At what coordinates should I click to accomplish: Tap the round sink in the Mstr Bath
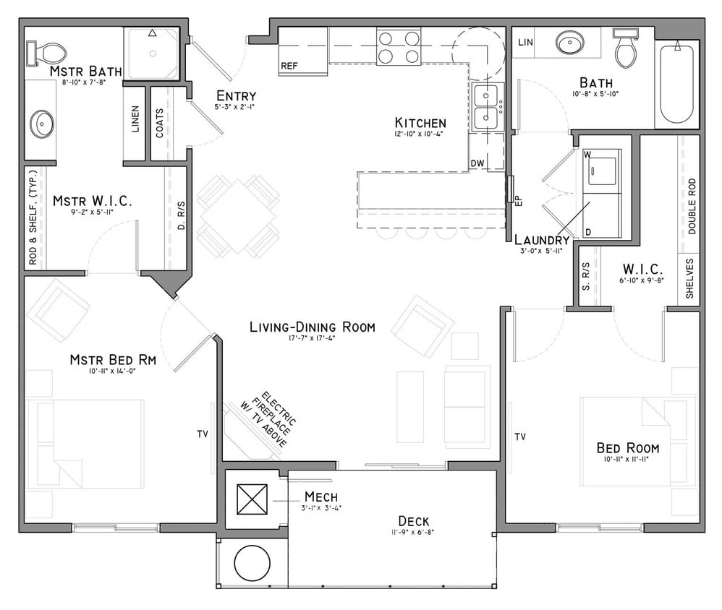coord(42,124)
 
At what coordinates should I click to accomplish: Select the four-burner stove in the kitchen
coord(399,47)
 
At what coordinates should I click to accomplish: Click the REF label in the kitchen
coord(289,66)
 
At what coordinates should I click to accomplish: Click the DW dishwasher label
coord(477,163)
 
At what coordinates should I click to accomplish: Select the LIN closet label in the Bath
coord(526,43)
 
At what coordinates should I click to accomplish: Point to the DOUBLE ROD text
coord(692,206)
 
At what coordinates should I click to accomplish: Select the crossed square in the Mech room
coord(252,499)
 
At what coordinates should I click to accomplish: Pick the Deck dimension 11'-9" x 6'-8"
coord(414,533)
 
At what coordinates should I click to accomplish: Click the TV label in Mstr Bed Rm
coord(203,434)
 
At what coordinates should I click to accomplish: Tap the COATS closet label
coord(159,124)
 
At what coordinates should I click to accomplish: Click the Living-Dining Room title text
coord(313,327)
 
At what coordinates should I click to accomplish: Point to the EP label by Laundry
coord(518,202)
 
